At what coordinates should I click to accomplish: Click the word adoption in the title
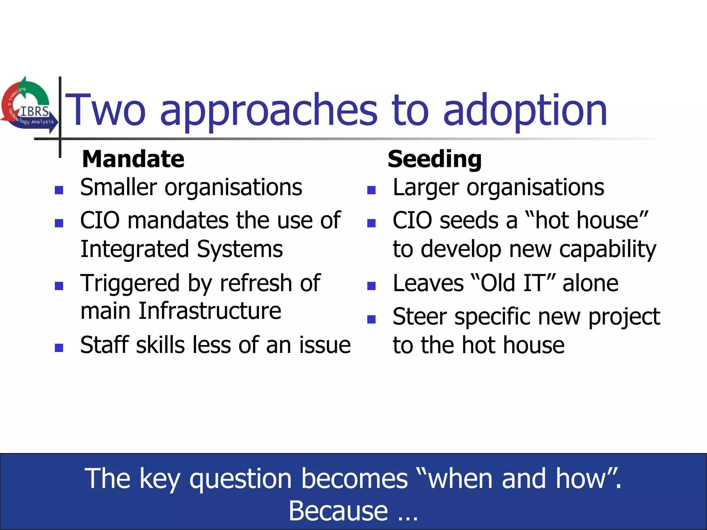pyautogui.click(x=525, y=110)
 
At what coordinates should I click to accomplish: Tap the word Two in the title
pyautogui.click(x=105, y=110)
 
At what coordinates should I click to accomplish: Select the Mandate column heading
pyautogui.click(x=133, y=159)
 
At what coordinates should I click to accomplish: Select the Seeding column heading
pyautogui.click(x=435, y=159)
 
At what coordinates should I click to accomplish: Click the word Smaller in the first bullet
pyautogui.click(x=118, y=187)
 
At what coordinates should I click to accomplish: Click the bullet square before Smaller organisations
pyautogui.click(x=59, y=190)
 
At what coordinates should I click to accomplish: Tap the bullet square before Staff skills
pyautogui.click(x=59, y=347)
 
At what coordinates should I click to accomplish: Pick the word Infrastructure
pyautogui.click(x=210, y=311)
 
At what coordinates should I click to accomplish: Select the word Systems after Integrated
pyautogui.click(x=240, y=249)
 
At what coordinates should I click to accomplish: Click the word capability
pyautogui.click(x=607, y=249)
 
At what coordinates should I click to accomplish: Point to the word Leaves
pyautogui.click(x=428, y=283)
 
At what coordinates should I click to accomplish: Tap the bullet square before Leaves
pyautogui.click(x=371, y=286)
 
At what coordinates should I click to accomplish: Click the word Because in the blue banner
pyautogui.click(x=338, y=511)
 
